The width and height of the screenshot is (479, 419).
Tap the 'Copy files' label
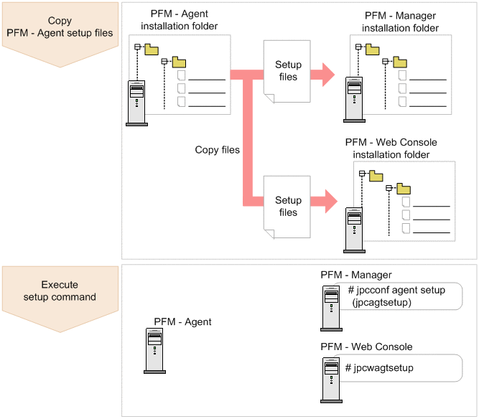coord(217,150)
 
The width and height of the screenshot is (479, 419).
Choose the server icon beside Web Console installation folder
coord(354,229)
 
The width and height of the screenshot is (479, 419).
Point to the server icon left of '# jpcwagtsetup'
coord(331,377)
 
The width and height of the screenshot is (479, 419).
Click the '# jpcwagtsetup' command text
coord(379,368)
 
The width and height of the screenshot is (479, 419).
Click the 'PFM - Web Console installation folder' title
coord(391,149)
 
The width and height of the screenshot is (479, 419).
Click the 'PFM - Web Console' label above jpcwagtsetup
coord(366,347)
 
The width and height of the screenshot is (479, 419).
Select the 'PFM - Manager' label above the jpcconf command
coord(356,276)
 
